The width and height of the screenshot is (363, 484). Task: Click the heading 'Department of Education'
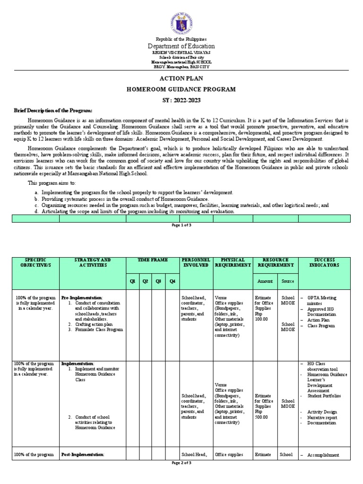(x=181, y=46)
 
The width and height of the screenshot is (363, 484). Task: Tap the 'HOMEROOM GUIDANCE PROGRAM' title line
(x=181, y=89)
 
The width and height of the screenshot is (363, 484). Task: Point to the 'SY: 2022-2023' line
(x=181, y=100)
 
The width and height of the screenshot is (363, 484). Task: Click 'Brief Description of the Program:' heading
(x=52, y=110)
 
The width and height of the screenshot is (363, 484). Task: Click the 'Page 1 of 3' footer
(x=181, y=225)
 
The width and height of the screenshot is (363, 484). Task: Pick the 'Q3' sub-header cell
(x=158, y=281)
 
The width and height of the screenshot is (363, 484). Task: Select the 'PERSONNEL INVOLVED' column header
(x=194, y=263)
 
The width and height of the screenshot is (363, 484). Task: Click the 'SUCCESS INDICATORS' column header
(x=324, y=263)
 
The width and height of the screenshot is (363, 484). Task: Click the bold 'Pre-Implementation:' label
(x=82, y=298)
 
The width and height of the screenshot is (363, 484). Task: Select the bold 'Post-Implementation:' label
(x=83, y=455)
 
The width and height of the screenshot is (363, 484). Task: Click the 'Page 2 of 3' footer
(x=181, y=476)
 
